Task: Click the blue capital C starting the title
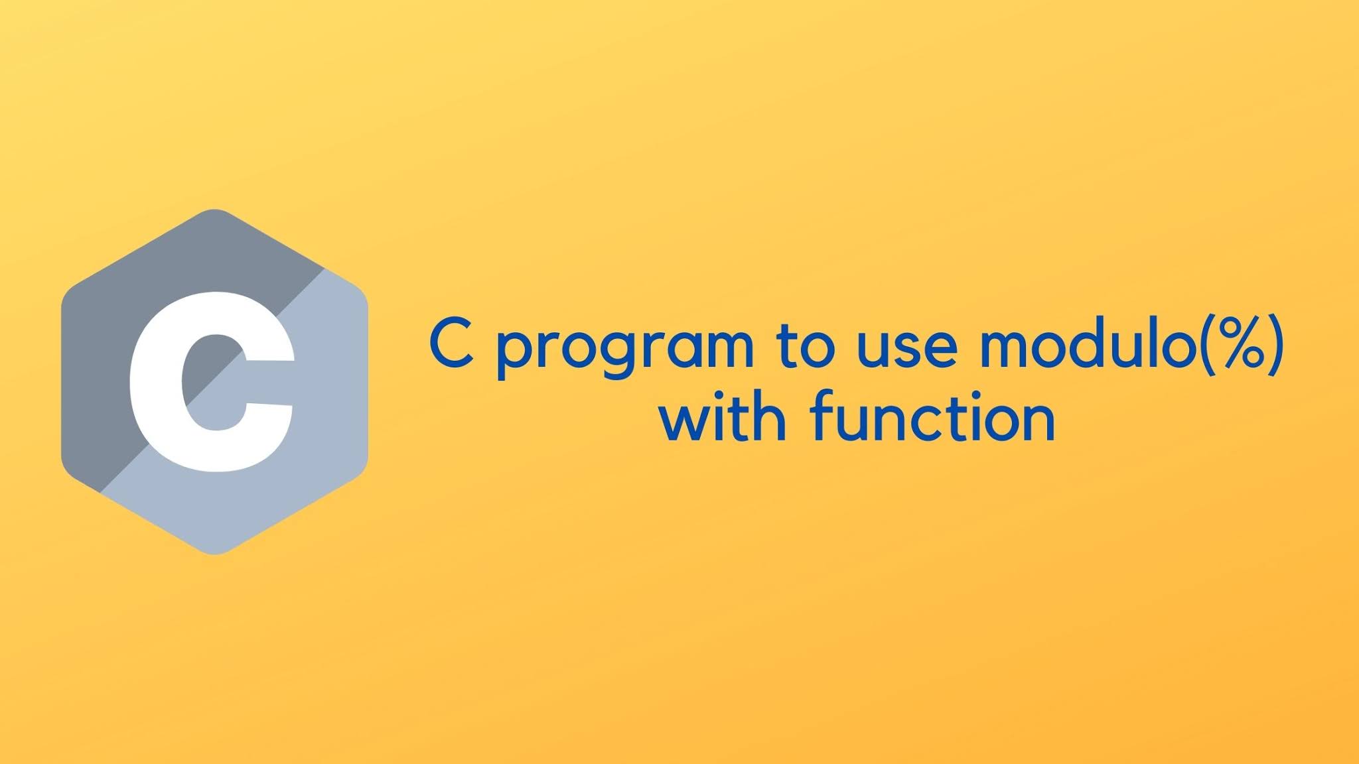(x=452, y=345)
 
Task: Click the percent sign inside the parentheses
(x=1243, y=344)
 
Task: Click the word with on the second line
(x=723, y=418)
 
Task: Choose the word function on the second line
(x=932, y=418)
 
